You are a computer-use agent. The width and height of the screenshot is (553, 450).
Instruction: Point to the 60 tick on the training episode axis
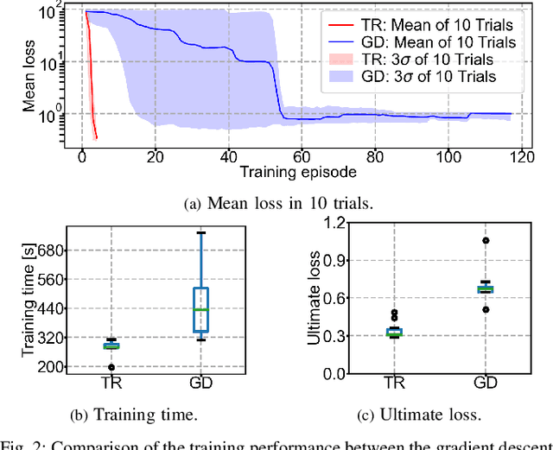[302, 156]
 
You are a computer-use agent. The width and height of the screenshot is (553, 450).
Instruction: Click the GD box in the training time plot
[200, 309]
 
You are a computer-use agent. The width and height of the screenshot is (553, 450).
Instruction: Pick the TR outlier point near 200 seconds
[111, 367]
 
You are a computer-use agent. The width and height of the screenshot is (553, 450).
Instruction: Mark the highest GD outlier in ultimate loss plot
[485, 241]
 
